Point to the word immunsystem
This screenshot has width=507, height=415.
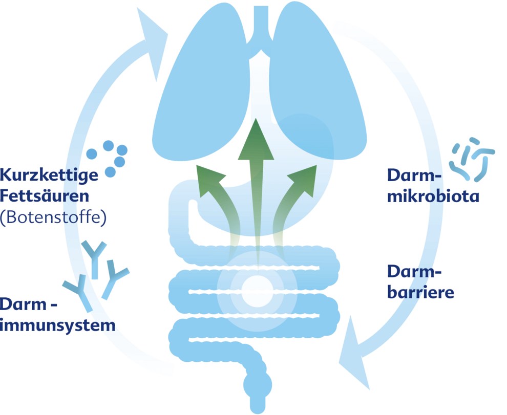(x=57, y=324)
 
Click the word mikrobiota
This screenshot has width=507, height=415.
(x=433, y=196)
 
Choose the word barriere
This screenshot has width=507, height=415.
(x=420, y=293)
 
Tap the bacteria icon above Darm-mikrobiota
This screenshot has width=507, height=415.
(x=471, y=159)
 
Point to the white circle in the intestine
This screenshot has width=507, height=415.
(x=257, y=291)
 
